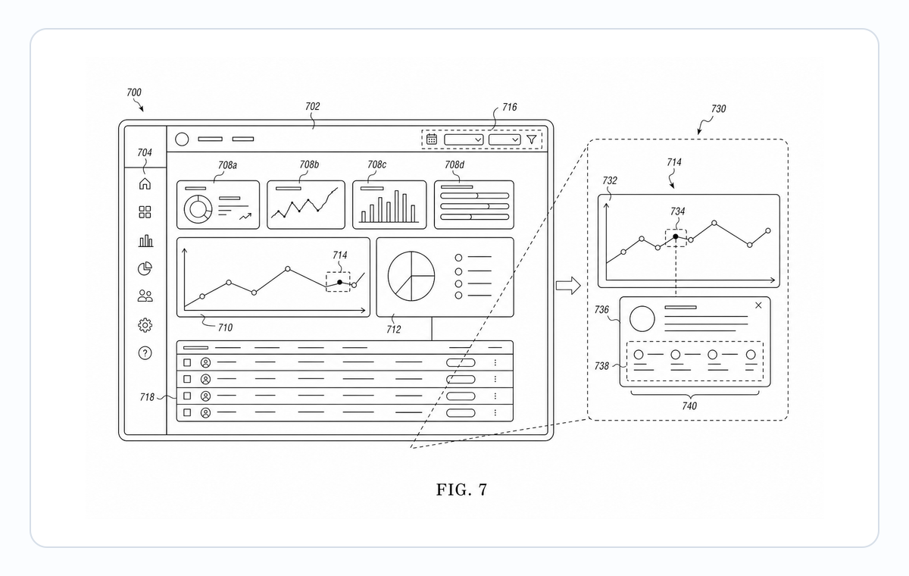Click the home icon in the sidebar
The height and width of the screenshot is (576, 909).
coord(145,184)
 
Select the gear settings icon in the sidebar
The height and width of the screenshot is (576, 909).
coord(145,325)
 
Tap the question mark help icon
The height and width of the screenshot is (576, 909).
coord(145,353)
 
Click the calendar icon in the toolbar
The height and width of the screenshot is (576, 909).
coord(432,139)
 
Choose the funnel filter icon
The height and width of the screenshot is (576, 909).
coord(532,139)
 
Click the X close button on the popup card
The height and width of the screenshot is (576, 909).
coord(758,305)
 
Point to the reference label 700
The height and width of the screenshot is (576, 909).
coord(134,92)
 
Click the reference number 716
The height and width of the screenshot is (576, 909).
coord(510,107)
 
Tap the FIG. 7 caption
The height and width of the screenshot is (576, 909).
coord(461,490)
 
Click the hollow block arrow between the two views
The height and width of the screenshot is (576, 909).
coord(568,286)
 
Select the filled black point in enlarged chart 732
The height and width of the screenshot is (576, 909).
coord(675,236)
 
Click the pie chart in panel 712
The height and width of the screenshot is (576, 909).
coord(411,276)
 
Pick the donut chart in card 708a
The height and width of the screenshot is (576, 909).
coord(198,209)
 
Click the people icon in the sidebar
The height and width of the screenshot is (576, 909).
coord(145,296)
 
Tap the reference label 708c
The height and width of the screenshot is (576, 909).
coord(376,164)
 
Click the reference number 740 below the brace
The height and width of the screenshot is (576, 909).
coord(689,406)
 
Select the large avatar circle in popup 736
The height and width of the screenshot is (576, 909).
coord(642,319)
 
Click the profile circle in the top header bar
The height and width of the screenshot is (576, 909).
coord(182,139)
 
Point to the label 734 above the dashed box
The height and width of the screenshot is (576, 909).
coord(677,211)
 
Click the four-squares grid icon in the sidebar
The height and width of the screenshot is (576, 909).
coord(145,212)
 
